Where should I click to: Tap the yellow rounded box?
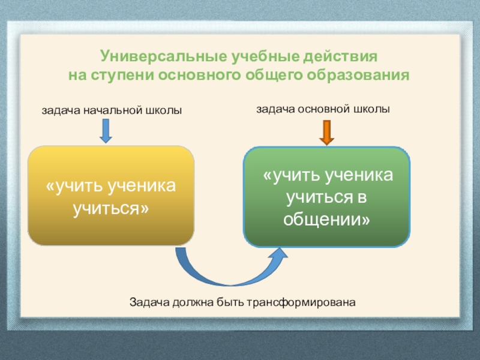(111, 196)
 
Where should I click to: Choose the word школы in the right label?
(372, 109)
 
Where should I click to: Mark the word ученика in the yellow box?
(141, 187)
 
